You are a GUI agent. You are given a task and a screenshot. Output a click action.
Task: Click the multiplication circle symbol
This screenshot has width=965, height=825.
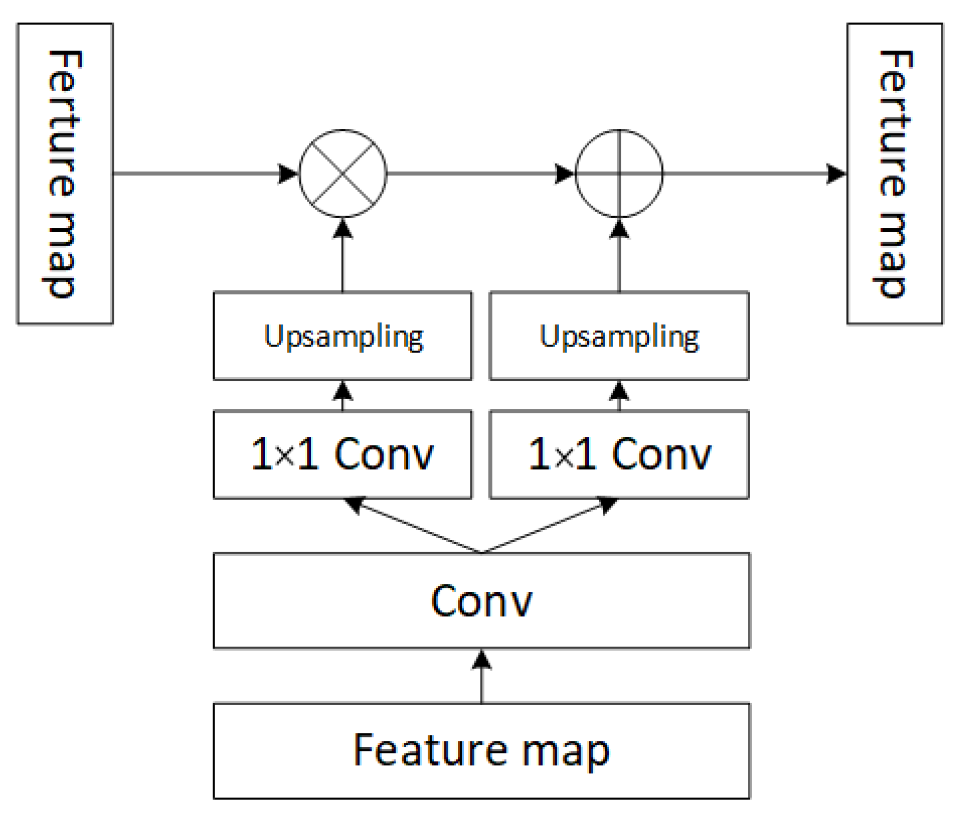click(342, 173)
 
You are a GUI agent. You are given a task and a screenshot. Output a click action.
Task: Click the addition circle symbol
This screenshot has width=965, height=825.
click(619, 173)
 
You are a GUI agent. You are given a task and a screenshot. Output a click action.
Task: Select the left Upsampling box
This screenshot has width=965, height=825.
click(342, 336)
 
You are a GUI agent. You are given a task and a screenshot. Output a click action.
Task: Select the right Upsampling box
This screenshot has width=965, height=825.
click(619, 336)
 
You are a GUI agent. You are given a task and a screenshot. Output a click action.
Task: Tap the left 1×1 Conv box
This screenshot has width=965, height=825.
click(342, 454)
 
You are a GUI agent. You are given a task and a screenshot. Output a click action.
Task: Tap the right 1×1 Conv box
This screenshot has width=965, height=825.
click(619, 454)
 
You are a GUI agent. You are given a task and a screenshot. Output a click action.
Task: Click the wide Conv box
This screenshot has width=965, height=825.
click(482, 601)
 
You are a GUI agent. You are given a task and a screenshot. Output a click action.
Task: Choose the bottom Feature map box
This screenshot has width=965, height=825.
click(482, 751)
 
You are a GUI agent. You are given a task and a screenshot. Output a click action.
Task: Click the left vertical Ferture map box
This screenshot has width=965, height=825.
click(65, 173)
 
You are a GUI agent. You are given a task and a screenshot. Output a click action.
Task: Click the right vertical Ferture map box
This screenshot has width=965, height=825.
click(895, 173)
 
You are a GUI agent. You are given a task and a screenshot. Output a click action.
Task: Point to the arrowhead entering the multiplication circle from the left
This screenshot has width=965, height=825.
click(288, 173)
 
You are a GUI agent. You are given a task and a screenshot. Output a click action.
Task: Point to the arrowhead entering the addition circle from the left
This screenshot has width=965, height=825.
click(564, 173)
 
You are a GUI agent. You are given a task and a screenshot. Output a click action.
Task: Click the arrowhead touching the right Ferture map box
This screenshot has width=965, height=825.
click(836, 173)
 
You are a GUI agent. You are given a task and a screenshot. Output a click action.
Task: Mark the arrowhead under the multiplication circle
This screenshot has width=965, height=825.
click(342, 229)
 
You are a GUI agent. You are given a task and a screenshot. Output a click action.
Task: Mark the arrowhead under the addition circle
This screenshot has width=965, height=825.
click(619, 229)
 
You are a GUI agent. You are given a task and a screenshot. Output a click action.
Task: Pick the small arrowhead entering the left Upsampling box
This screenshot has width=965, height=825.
click(342, 391)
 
